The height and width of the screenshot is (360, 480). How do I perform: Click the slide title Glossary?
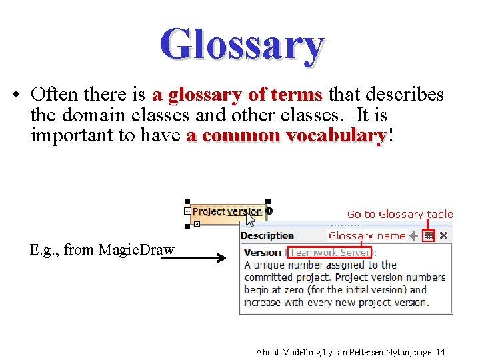241,45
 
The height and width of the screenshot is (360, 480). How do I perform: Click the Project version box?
227,211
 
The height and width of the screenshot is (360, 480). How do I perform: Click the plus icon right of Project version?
269,211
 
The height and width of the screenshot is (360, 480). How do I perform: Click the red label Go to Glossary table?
399,214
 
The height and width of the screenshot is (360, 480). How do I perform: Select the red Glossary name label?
367,236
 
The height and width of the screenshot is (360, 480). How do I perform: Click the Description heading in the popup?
267,235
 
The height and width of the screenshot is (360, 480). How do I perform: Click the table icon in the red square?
429,236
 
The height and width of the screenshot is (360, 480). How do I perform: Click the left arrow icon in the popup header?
414,236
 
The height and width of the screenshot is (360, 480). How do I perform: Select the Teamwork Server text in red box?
329,253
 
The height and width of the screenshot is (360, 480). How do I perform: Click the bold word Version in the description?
262,253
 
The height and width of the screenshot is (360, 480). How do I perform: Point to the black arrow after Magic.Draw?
193,257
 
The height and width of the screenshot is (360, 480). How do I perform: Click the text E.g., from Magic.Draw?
102,250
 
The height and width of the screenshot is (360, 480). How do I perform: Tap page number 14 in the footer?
440,352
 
